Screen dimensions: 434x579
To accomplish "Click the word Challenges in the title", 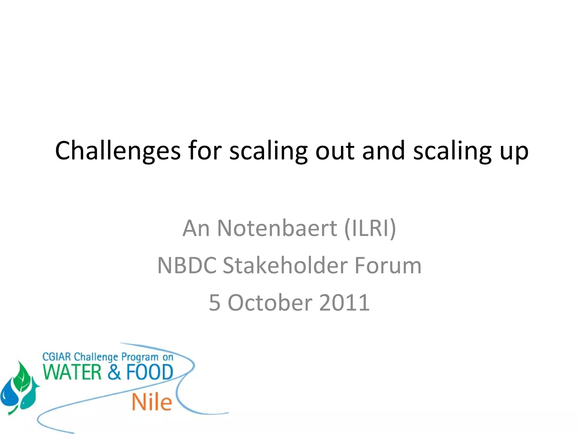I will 118,151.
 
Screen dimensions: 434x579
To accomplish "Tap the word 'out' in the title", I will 335,151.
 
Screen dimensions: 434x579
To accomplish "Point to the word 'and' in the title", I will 384,151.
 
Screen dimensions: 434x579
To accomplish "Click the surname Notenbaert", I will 277,228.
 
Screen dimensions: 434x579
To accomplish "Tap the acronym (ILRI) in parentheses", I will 370,228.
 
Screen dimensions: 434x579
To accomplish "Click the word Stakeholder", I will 285,266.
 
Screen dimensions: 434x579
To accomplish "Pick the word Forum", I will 388,266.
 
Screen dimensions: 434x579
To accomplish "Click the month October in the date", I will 270,303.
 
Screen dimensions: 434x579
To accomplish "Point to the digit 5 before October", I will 215,303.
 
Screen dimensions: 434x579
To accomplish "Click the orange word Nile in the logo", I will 152,402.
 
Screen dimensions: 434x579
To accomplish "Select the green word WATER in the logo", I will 72,372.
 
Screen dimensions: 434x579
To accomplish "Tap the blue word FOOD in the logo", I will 150,372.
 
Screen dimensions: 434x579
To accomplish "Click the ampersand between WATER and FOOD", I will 114,372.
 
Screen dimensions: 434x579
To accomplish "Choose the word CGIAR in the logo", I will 56,357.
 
